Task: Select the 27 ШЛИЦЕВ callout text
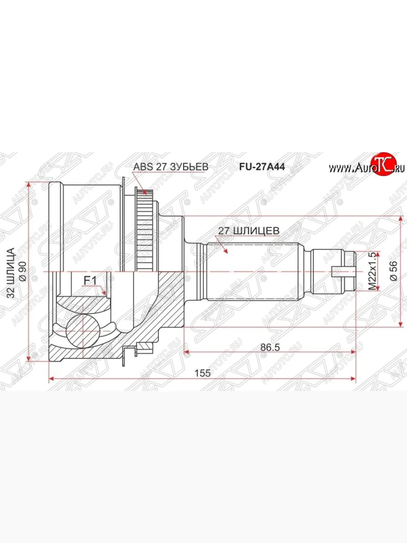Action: pos(249,230)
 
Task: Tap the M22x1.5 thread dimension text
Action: pos(372,271)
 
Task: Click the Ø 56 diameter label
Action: pos(393,271)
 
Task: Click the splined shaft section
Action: pos(253,271)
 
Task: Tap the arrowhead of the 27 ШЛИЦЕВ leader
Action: pos(225,250)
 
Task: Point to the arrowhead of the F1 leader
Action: pos(105,294)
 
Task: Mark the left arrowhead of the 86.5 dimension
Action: pos(185,352)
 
